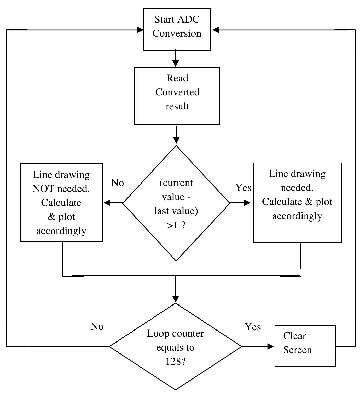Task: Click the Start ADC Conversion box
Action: tap(177, 29)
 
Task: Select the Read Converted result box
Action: tap(177, 96)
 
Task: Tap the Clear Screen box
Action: tap(305, 346)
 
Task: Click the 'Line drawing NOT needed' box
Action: tap(61, 203)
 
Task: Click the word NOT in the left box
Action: tap(43, 189)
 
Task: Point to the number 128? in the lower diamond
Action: tap(175, 361)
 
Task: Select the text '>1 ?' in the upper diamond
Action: tap(176, 225)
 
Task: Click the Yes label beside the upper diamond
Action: tap(243, 188)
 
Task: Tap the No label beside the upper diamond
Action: tap(118, 183)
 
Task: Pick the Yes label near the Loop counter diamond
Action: tap(253, 327)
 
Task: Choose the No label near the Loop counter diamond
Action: tap(97, 326)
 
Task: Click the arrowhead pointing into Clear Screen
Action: tap(271, 346)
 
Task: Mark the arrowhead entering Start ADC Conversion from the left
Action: tap(140, 30)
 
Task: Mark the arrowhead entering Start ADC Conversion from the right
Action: tap(216, 30)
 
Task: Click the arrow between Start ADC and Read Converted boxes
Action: tap(176, 59)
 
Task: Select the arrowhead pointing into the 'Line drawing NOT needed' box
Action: tap(107, 203)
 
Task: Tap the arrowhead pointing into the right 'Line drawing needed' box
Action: tap(247, 203)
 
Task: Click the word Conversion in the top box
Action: tap(177, 33)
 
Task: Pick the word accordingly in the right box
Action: tap(297, 216)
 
